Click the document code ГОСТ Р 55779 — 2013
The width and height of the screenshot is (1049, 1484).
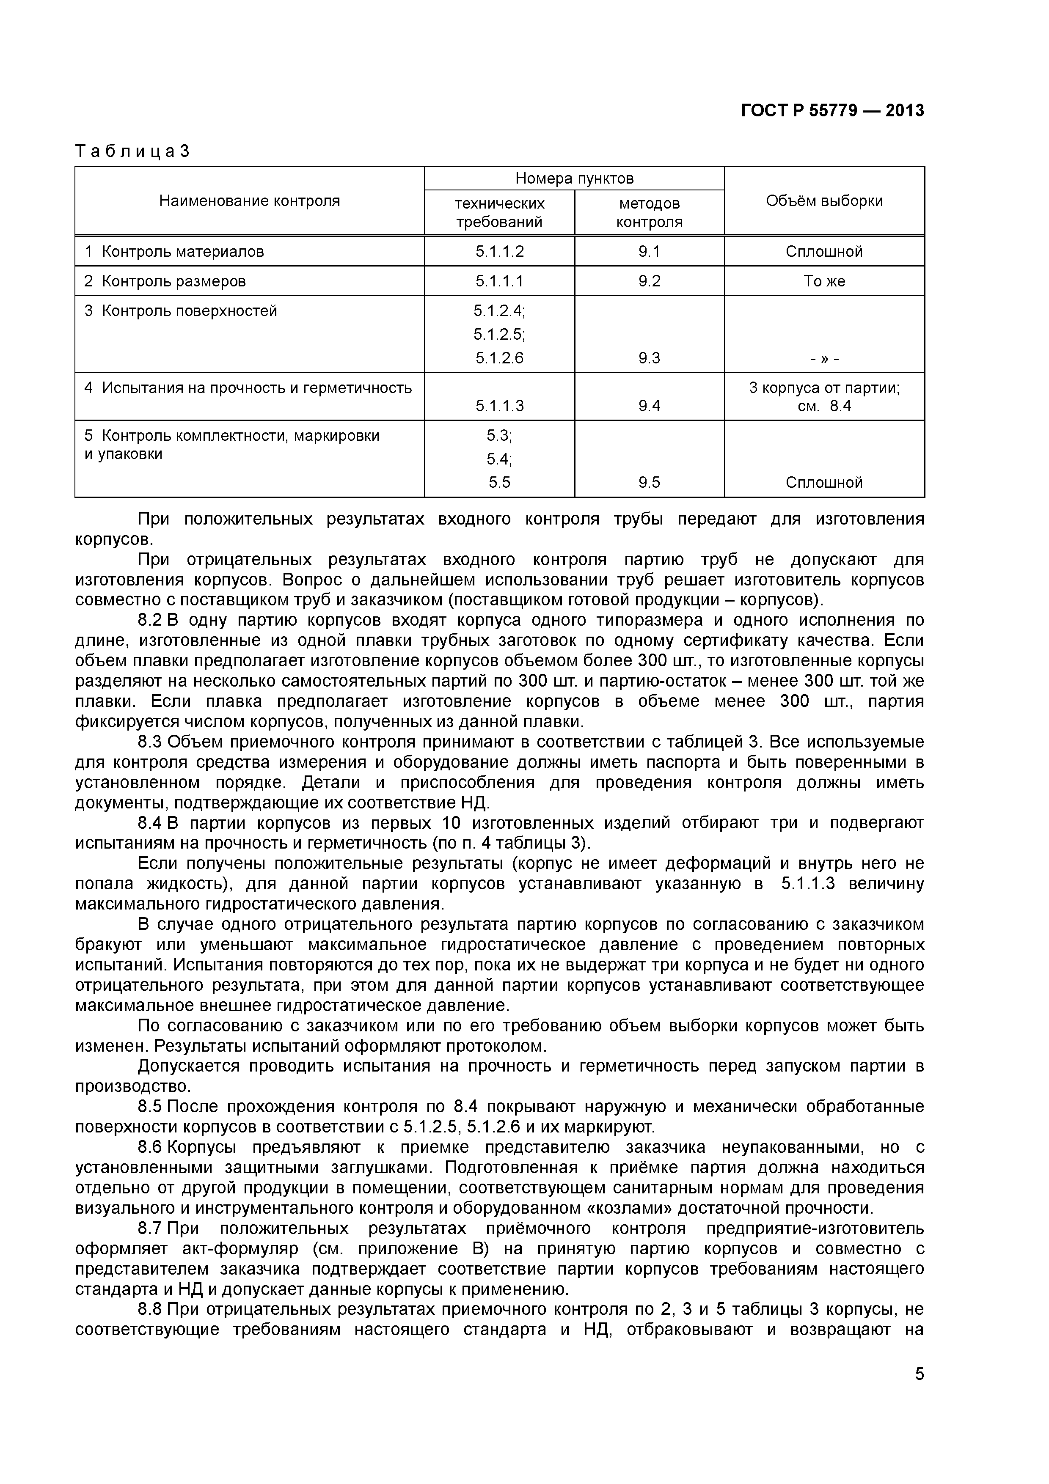coord(832,111)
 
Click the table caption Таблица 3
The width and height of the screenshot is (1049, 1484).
coord(132,151)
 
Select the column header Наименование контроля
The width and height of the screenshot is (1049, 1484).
coord(250,201)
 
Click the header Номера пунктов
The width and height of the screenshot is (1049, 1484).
coord(574,179)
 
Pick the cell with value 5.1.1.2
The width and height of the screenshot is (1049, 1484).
coord(500,251)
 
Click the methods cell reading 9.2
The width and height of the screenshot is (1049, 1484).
coord(649,281)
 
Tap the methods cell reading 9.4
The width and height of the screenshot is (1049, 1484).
coord(649,406)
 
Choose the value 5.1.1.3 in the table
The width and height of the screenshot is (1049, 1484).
coord(500,406)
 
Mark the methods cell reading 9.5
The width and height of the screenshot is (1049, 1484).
coord(649,482)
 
